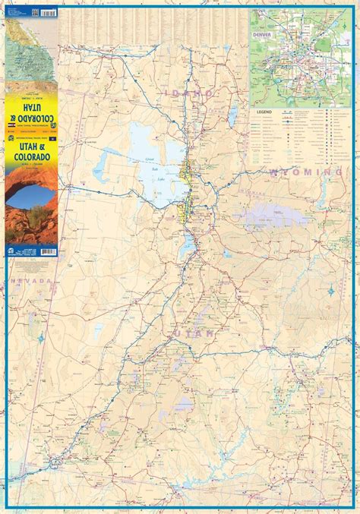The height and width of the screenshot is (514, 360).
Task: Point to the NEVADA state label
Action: pyautogui.click(x=28, y=280)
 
